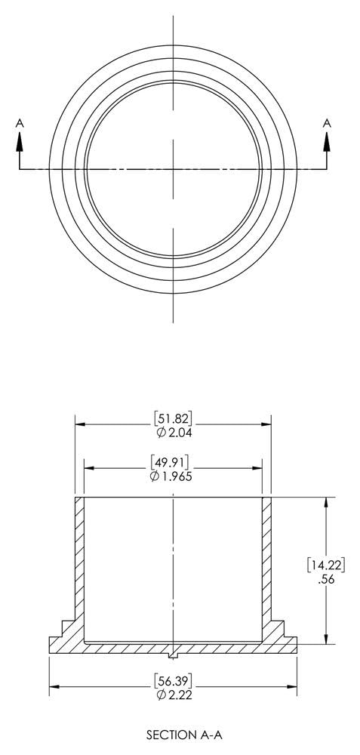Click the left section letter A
(x=20, y=122)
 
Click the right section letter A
(x=327, y=122)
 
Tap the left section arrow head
(x=20, y=141)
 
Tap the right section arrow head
(x=327, y=141)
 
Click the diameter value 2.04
(x=178, y=433)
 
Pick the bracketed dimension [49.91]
(x=173, y=462)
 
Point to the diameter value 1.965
(x=178, y=476)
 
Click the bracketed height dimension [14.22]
(x=325, y=564)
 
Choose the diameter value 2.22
(x=178, y=695)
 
